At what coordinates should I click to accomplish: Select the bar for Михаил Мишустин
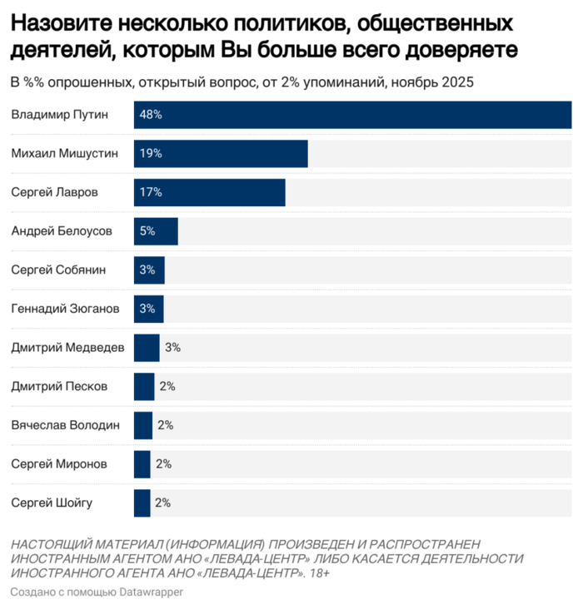[x=221, y=154]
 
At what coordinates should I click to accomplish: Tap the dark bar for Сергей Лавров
[x=209, y=192]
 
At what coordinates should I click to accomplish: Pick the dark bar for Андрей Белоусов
[x=156, y=231]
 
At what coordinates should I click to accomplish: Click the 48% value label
[x=151, y=115]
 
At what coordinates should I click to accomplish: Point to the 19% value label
[x=151, y=154]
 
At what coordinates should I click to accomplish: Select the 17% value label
[x=151, y=192]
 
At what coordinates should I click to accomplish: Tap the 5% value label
[x=147, y=231]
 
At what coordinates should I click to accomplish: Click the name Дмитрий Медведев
[x=67, y=348]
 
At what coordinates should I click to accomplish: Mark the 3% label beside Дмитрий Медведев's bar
[x=172, y=348]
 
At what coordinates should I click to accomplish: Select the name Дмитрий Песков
[x=59, y=387]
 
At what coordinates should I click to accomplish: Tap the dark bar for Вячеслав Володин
[x=143, y=425]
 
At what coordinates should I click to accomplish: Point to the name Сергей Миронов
[x=59, y=464]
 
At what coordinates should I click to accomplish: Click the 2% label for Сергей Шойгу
[x=162, y=503]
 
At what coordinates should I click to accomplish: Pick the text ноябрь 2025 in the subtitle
[x=440, y=82]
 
